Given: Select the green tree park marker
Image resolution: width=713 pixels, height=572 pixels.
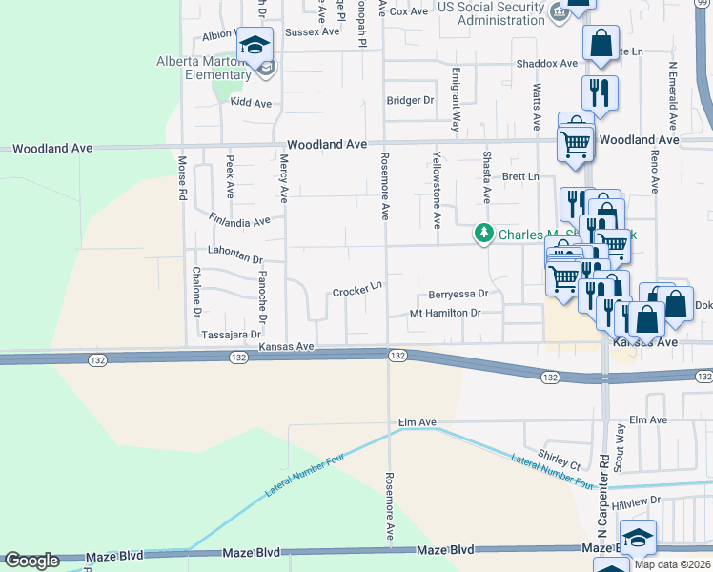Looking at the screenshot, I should tap(484, 234).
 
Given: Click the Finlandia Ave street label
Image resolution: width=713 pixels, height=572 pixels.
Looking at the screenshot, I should tap(240, 220).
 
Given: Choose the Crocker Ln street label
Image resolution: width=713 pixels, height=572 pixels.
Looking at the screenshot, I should tap(357, 290).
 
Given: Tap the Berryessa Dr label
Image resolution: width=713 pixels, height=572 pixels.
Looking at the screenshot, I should tap(458, 294).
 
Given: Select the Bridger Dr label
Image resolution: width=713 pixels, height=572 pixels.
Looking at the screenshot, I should tap(410, 100).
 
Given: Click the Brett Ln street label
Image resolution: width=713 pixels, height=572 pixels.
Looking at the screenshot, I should tap(520, 177).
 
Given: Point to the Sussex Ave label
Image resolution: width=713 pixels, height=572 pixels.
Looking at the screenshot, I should tap(312, 31).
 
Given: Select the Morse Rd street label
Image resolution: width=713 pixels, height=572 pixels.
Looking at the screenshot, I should tap(181, 178).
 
